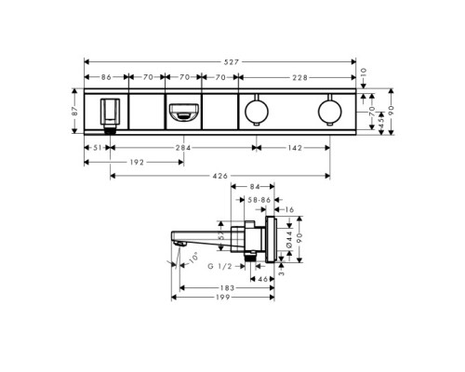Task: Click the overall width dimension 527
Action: pyautogui.click(x=220, y=60)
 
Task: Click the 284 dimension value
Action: pyautogui.click(x=182, y=146)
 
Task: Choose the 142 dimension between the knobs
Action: pyautogui.click(x=294, y=146)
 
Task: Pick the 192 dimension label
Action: pyautogui.click(x=137, y=160)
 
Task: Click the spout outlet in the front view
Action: pyautogui.click(x=183, y=114)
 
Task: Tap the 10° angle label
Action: pyautogui.click(x=193, y=257)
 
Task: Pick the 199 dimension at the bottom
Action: pyautogui.click(x=221, y=299)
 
